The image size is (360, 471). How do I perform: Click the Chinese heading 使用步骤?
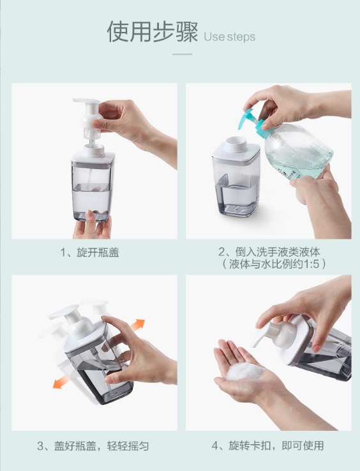tap(153, 31)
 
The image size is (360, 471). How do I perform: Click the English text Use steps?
tap(230, 36)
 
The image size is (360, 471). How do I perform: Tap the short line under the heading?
tap(182, 54)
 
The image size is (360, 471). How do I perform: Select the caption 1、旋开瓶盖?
tap(89, 252)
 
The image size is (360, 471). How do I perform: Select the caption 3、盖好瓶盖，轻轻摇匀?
tap(93, 445)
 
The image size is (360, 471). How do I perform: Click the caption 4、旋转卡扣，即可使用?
tap(267, 445)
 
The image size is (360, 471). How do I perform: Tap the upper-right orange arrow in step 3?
tap(138, 325)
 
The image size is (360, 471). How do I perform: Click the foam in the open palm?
tap(243, 371)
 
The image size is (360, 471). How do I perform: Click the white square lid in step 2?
tap(236, 151)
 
